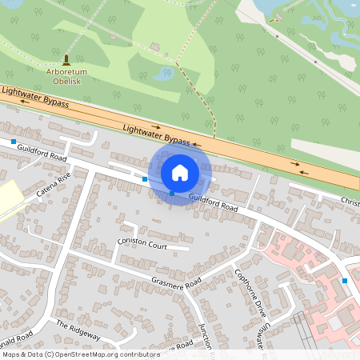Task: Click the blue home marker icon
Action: pyautogui.click(x=179, y=172)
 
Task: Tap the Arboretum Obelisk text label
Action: pyautogui.click(x=68, y=74)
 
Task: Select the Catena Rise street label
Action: pyautogui.click(x=54, y=186)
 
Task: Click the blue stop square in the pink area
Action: pyautogui.click(x=345, y=280)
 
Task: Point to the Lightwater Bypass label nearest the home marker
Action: pyautogui.click(x=157, y=134)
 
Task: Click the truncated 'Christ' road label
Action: pyautogui.click(x=350, y=200)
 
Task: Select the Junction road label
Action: pyautogui.click(x=205, y=339)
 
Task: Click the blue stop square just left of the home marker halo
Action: pyautogui.click(x=145, y=179)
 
